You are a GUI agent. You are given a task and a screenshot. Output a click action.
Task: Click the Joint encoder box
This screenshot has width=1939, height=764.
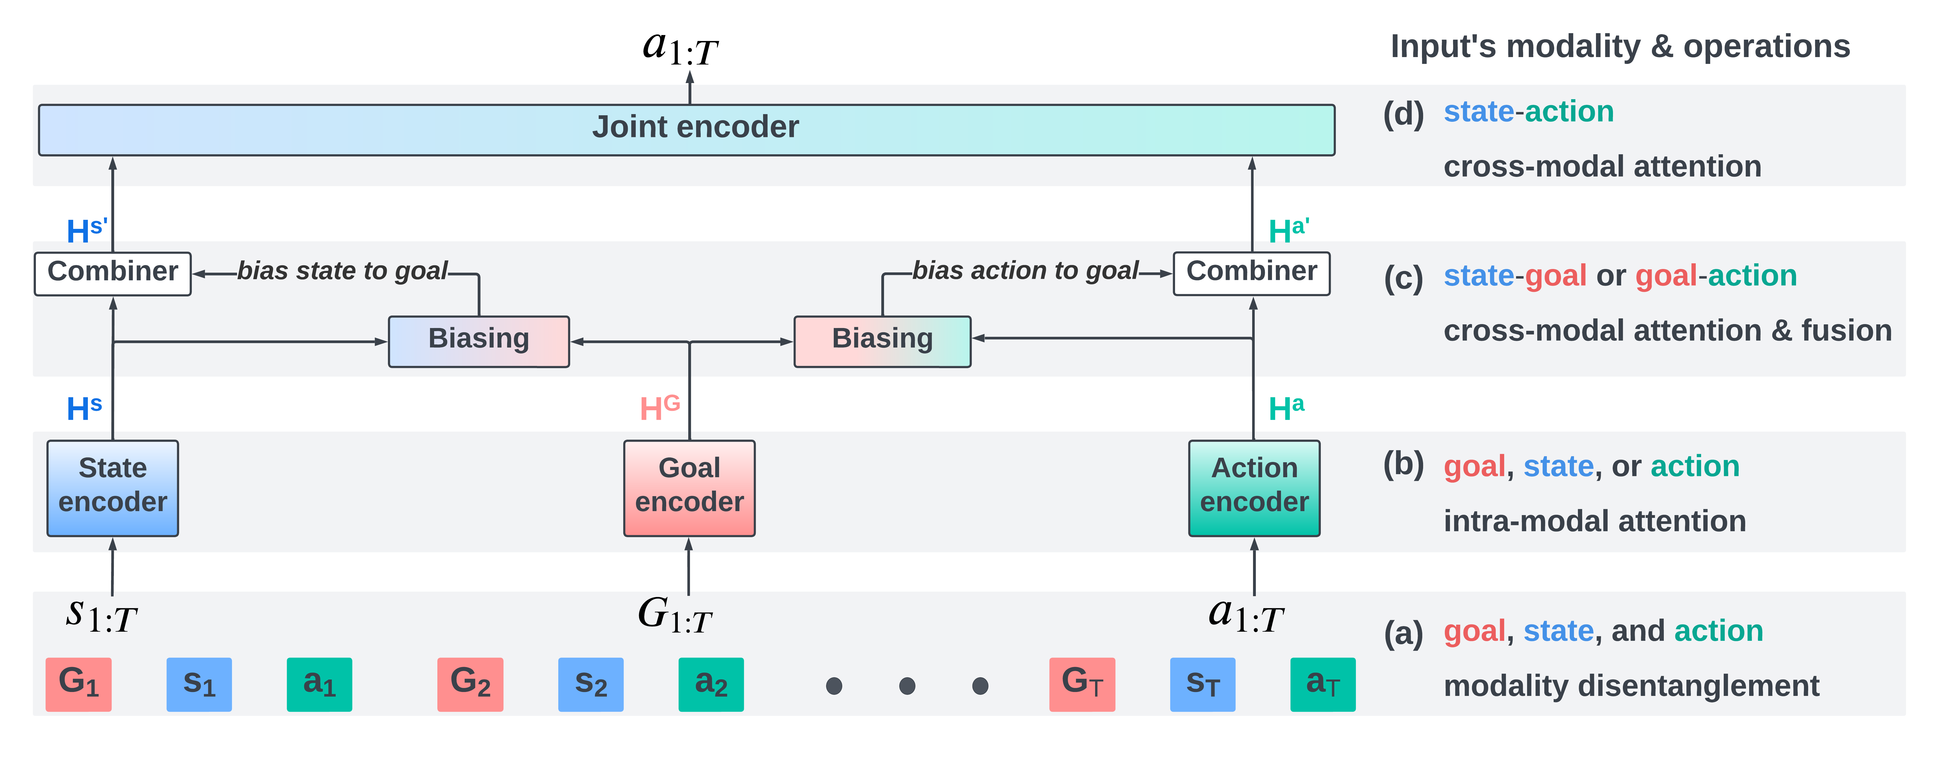pyautogui.click(x=687, y=129)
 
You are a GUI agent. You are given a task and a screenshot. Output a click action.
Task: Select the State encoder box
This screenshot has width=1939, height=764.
pyautogui.click(x=113, y=488)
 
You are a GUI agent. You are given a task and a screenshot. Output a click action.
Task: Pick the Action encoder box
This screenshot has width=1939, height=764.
pyautogui.click(x=1254, y=488)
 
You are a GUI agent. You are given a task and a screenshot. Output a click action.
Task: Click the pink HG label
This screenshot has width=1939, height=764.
pyautogui.click(x=659, y=408)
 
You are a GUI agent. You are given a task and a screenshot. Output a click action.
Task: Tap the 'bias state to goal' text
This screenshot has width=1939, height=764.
pyautogui.click(x=342, y=271)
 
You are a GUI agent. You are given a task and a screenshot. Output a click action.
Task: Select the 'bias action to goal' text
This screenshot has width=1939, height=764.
pyautogui.click(x=1025, y=271)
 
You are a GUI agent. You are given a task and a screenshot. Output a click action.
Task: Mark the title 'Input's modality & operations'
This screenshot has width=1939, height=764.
pyautogui.click(x=1620, y=47)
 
